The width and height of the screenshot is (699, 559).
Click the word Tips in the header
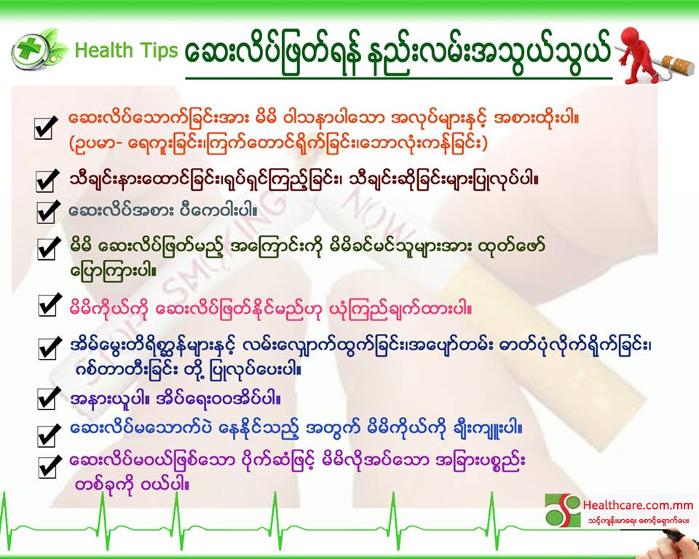pos(159,51)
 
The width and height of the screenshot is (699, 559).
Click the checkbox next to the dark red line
pos(47,181)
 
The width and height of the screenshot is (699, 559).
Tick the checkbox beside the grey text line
pos(48,211)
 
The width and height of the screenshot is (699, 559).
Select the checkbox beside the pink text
pos(50,305)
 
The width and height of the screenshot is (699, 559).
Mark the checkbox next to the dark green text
pos(49,248)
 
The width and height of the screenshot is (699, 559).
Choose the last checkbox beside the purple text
pos(50,467)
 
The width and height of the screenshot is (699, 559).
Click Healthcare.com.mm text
pos(638,505)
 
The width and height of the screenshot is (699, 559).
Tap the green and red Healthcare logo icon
pos(563,510)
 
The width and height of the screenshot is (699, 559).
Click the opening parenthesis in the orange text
pos(72,143)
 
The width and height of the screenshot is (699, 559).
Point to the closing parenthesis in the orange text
pos(485,143)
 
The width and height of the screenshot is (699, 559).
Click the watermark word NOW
pos(379,213)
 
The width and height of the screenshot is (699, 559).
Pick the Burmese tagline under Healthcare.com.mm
pos(639,520)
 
